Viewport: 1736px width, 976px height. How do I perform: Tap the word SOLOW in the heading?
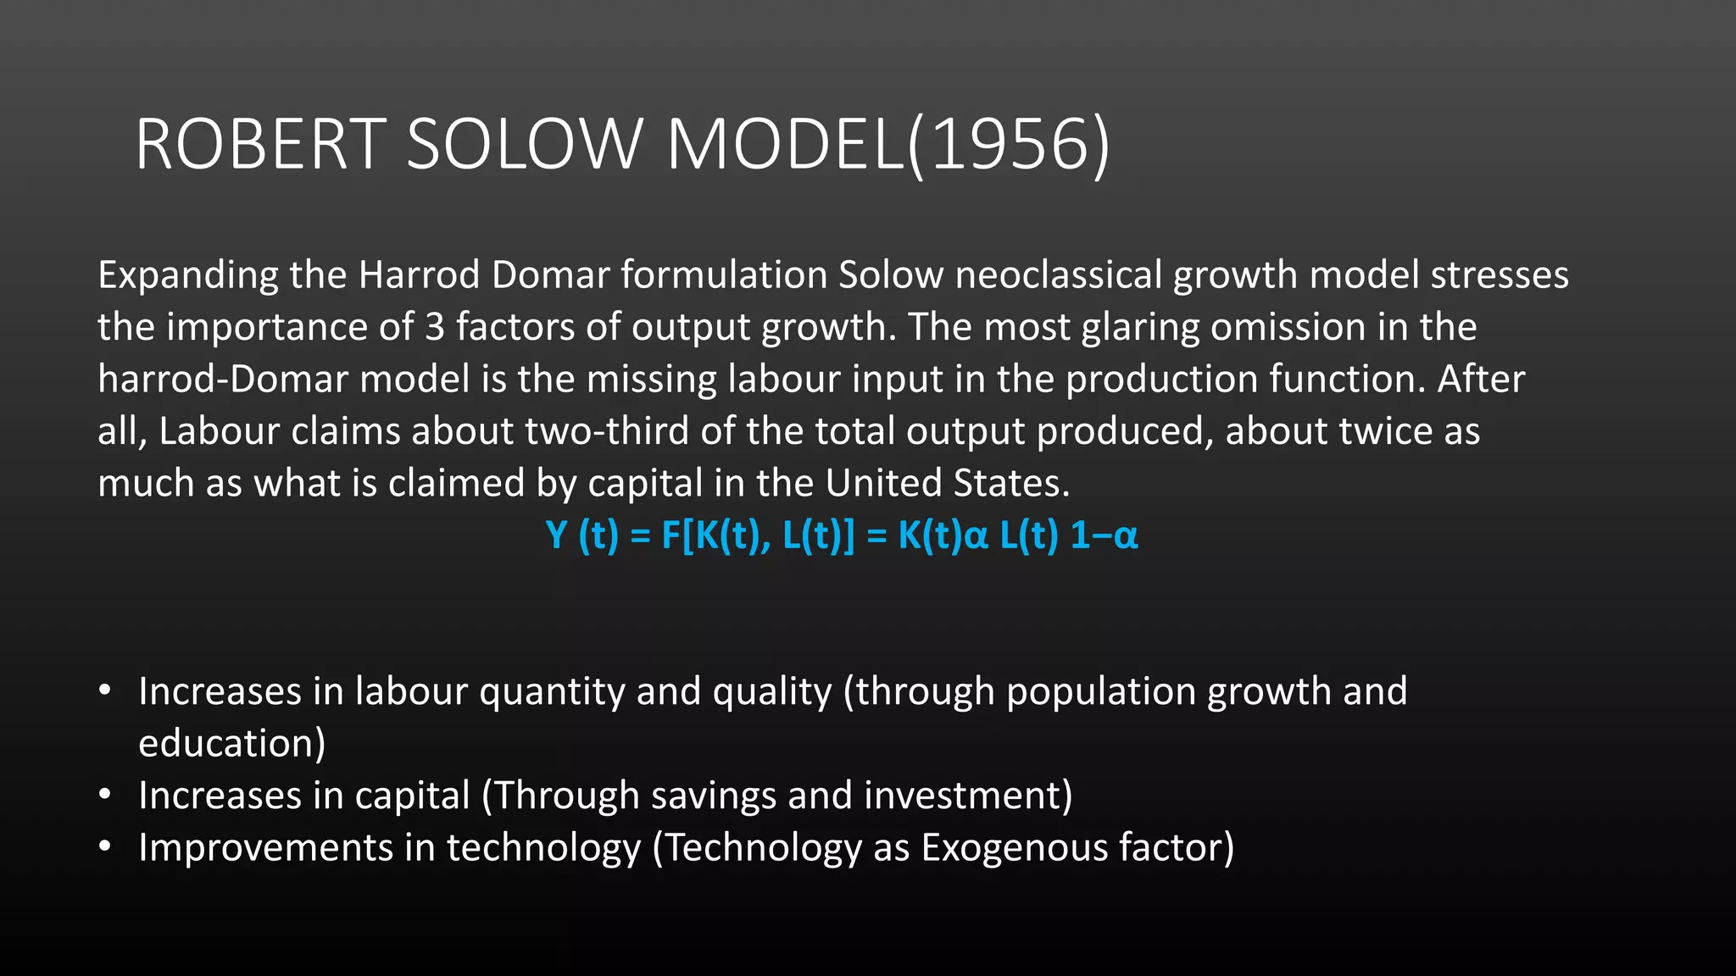coord(524,145)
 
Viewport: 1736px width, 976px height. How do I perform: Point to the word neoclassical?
coord(1058,276)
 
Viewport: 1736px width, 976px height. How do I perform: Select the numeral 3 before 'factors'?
coord(434,327)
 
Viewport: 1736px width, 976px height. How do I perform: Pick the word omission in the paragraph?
coord(1288,327)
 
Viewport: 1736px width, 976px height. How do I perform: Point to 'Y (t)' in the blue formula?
coord(582,535)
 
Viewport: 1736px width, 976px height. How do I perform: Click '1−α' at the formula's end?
coord(1104,535)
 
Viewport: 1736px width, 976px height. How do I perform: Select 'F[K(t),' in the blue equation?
coord(716,535)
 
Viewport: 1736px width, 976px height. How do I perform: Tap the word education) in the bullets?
coord(231,744)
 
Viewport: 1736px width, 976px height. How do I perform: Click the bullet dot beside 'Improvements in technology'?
coord(104,846)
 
